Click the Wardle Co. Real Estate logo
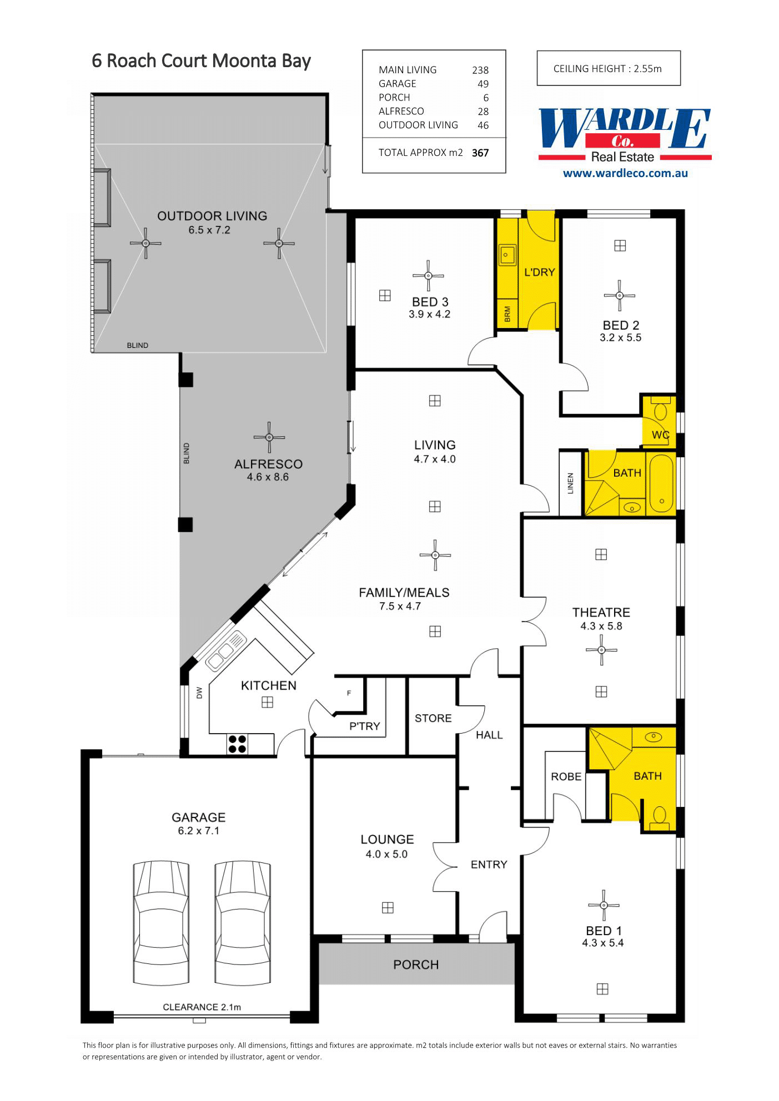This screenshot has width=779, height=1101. [x=625, y=135]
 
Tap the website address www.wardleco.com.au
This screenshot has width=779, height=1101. [x=625, y=173]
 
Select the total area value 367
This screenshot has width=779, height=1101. [x=480, y=153]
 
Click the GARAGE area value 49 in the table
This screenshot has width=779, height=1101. [x=483, y=84]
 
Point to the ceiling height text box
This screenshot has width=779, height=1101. [x=609, y=68]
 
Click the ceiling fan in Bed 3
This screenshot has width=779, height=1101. [x=428, y=276]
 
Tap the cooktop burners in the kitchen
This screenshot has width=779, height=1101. [x=238, y=744]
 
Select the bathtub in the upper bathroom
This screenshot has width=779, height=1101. [x=661, y=483]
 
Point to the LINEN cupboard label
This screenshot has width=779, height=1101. [x=570, y=483]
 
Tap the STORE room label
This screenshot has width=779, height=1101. [x=433, y=718]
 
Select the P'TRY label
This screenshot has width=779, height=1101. [x=365, y=726]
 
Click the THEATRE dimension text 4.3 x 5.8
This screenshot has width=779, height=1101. [x=601, y=626]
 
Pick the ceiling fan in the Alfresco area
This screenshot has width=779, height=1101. [x=269, y=437]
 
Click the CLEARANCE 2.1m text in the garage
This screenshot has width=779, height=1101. [x=202, y=1007]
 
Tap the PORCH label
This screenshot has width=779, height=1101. [x=416, y=964]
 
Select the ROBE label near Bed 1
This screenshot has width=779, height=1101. [x=566, y=776]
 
